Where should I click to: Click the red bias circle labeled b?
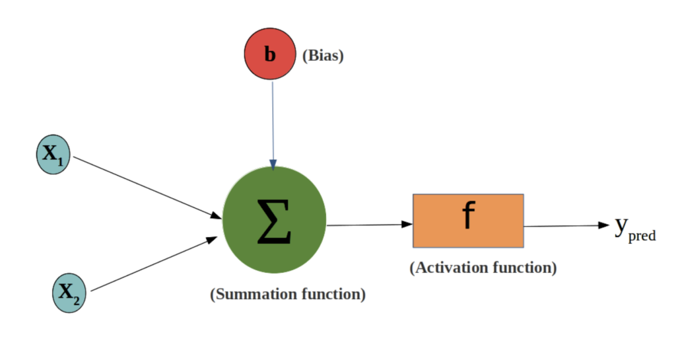coord(270,55)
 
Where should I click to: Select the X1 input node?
coord(53,155)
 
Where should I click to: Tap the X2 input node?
coord(69,293)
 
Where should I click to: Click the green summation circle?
coord(274,220)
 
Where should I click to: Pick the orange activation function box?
coord(468,221)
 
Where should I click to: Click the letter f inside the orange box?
coord(468,216)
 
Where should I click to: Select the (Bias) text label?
coord(323,57)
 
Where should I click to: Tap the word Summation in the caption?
coord(252,294)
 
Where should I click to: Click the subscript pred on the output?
coord(642,236)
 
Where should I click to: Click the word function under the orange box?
coord(524,268)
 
